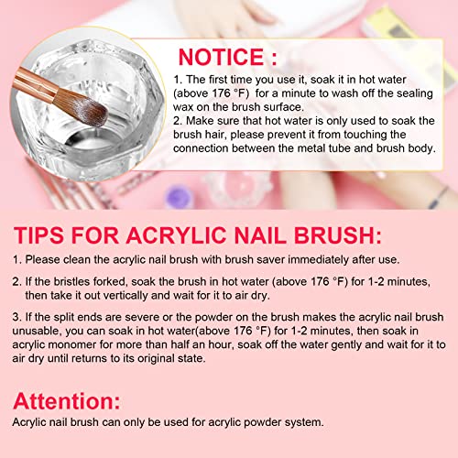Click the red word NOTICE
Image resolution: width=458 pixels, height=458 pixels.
click(221, 57)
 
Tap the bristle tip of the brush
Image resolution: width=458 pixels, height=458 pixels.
click(103, 115)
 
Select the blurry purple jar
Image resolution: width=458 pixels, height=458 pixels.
click(178, 196)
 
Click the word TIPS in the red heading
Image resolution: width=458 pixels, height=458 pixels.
click(39, 235)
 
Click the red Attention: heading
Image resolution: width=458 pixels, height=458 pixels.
click(67, 401)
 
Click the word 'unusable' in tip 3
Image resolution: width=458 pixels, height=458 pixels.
click(37, 331)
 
